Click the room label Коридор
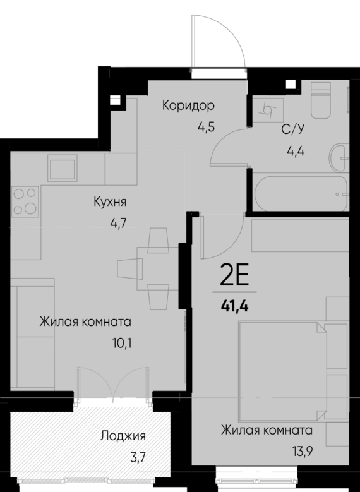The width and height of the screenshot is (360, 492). point(189,105)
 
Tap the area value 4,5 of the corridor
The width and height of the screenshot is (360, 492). point(206,126)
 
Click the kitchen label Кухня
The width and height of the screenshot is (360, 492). point(111,202)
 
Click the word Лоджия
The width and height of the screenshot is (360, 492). point(123,435)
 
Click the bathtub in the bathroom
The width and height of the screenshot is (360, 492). point(301,195)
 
